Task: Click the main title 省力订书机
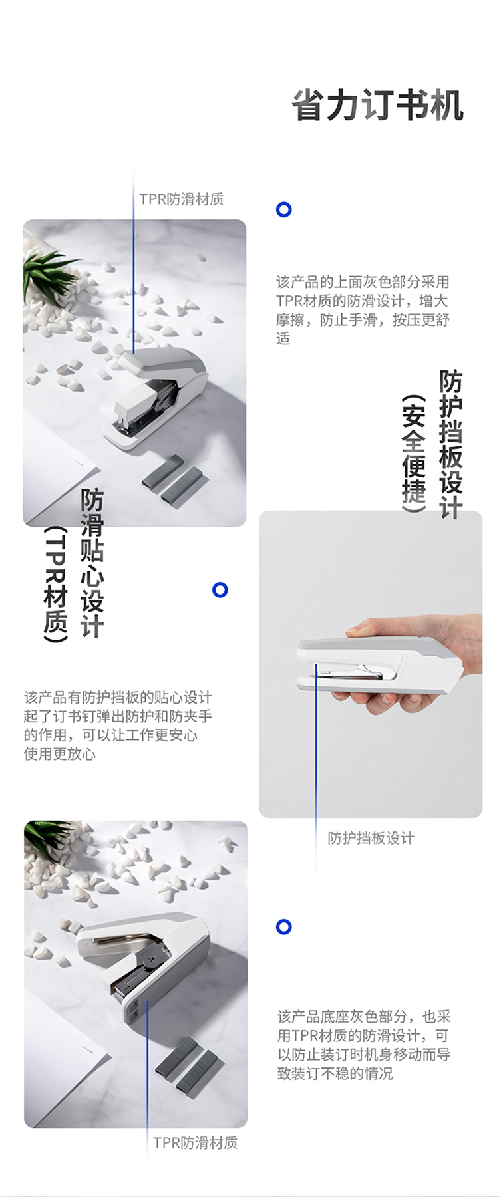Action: tap(377, 106)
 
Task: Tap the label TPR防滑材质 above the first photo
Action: tap(182, 199)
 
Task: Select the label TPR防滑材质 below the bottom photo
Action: tap(196, 1142)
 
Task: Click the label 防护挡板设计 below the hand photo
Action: tap(371, 838)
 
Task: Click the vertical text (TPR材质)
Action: tap(56, 585)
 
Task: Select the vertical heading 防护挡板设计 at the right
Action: tap(450, 444)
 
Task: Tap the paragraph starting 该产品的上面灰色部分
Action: tap(363, 310)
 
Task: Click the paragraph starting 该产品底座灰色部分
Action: tap(364, 1045)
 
